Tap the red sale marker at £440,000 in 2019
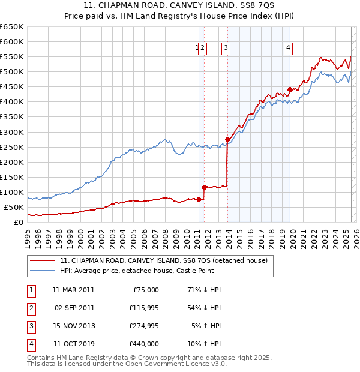pos(290,90)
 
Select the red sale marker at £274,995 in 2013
pos(227,140)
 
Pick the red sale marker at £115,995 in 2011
pos(204,187)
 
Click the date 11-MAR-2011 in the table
pos(73,290)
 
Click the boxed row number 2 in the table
pos(30,308)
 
